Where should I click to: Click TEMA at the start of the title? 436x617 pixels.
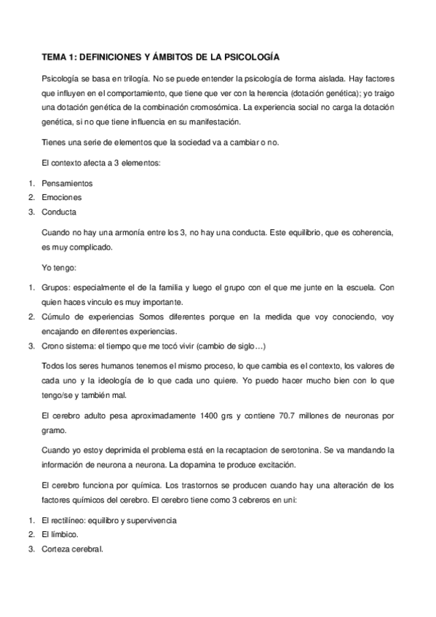point(52,55)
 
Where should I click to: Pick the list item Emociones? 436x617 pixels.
point(62,197)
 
